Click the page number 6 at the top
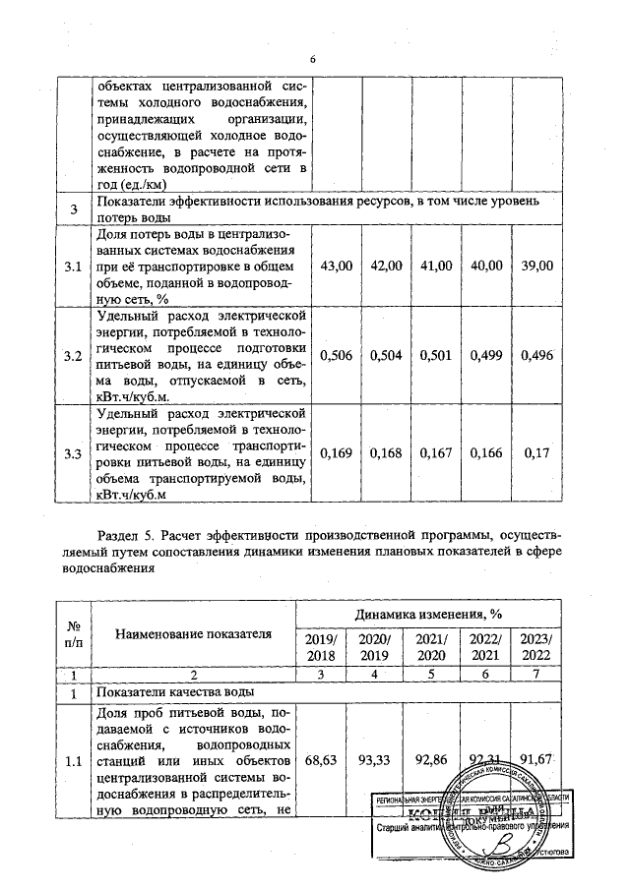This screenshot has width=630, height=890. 312,60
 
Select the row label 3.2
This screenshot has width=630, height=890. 72,356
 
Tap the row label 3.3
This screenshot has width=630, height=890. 72,453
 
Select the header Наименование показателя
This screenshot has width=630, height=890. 192,633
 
